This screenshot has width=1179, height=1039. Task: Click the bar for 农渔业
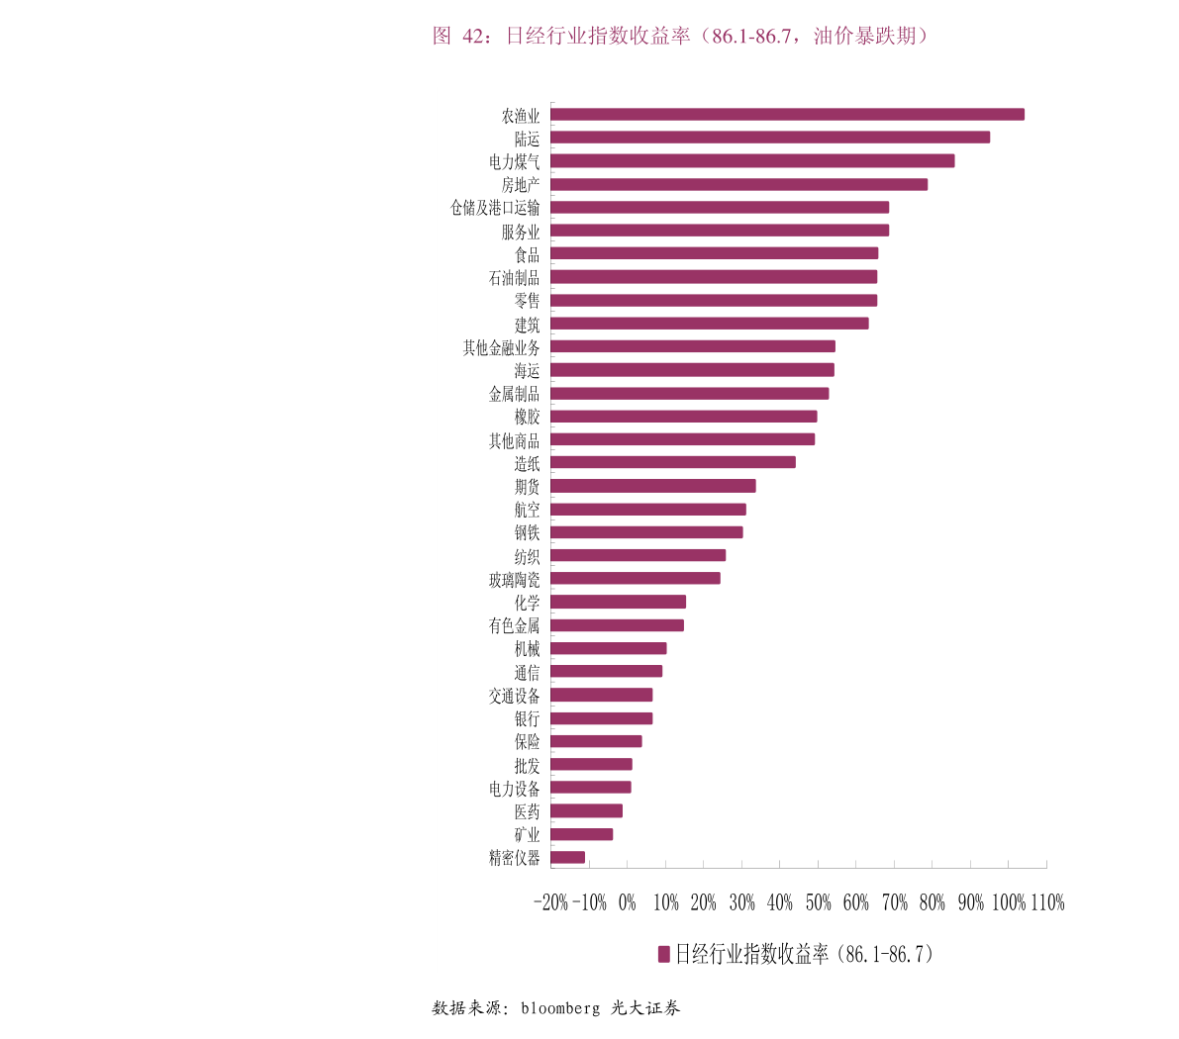[x=787, y=115]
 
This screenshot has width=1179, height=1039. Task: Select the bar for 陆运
[x=770, y=138]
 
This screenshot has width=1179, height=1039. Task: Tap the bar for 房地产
[x=738, y=184]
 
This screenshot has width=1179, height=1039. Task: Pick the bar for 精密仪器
[x=568, y=857]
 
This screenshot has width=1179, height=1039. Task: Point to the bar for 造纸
[x=673, y=462]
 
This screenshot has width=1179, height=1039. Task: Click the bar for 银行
[x=602, y=718]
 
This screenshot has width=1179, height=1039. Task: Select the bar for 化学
[x=619, y=602]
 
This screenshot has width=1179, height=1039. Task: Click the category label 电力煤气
[x=514, y=161]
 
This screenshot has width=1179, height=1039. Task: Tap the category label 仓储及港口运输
[x=495, y=208]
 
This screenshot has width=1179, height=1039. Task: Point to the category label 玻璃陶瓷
[x=514, y=580]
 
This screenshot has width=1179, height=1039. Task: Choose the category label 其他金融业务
[x=502, y=347]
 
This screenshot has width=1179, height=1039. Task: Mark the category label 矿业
[x=527, y=834]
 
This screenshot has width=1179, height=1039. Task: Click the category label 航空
[x=527, y=510]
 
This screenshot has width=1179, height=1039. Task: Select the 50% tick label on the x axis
[x=818, y=902]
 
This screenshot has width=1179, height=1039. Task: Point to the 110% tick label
[x=1047, y=902]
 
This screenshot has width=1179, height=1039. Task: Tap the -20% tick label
[x=550, y=902]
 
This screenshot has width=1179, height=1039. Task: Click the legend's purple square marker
[x=664, y=954]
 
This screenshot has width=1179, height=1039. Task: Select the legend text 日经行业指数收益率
[x=752, y=954]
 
